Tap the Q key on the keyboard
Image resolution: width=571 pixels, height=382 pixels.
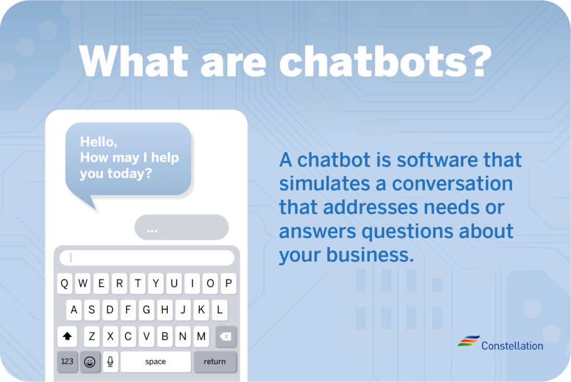65,284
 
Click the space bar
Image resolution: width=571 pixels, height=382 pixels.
156,361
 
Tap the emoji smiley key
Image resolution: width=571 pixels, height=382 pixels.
90,361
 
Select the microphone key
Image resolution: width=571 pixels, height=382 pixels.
110,361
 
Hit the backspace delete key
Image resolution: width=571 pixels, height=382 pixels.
226,336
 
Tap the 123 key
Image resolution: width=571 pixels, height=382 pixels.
67,361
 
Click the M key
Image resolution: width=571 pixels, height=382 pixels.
201,336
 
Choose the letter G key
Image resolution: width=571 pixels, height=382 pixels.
147,310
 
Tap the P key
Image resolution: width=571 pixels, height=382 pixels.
228,284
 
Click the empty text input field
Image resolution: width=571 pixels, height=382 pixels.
147,258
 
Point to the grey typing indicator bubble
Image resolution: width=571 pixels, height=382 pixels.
182,227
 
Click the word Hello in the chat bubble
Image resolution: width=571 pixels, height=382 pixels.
98,141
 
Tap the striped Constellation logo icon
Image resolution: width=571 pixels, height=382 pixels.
468,341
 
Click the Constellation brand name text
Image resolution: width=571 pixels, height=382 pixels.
512,346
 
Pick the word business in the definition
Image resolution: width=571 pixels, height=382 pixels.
370,254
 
